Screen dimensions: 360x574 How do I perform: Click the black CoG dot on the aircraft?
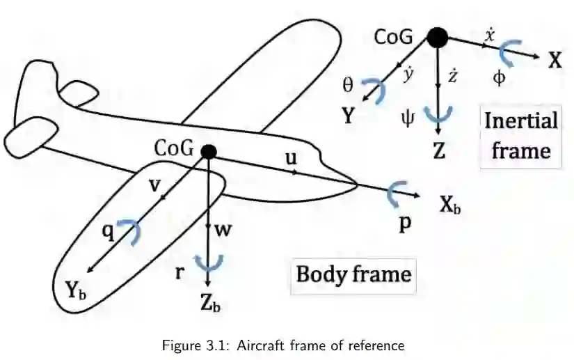207,151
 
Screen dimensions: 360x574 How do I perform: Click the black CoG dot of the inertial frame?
436,37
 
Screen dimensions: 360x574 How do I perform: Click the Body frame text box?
353,274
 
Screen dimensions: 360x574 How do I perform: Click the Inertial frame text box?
521,136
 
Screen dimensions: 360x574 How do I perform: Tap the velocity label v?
156,185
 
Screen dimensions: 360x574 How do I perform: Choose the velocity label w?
223,230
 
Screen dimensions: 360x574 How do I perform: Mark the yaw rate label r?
180,272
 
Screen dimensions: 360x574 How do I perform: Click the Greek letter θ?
348,84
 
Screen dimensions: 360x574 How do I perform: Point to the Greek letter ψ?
408,117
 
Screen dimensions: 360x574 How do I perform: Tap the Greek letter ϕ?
499,77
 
